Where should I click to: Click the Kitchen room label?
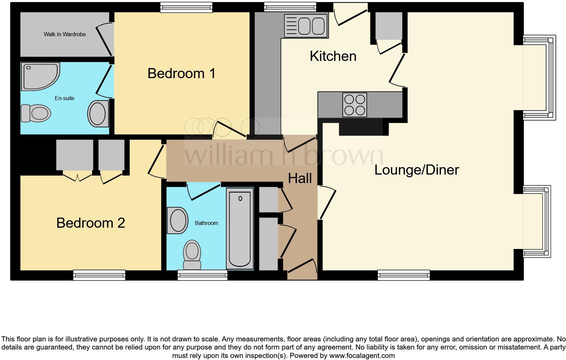(333, 56)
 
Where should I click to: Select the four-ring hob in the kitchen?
(354, 105)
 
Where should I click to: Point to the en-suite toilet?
(36, 113)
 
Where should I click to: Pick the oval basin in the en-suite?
(98, 114)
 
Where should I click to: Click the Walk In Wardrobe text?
(65, 34)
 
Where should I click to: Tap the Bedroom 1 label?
(181, 73)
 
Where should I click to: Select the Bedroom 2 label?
(90, 223)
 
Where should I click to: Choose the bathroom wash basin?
(178, 220)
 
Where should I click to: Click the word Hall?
(300, 178)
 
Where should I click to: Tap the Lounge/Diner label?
(416, 170)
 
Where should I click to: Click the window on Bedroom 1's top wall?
(186, 7)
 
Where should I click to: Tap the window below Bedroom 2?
(99, 275)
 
